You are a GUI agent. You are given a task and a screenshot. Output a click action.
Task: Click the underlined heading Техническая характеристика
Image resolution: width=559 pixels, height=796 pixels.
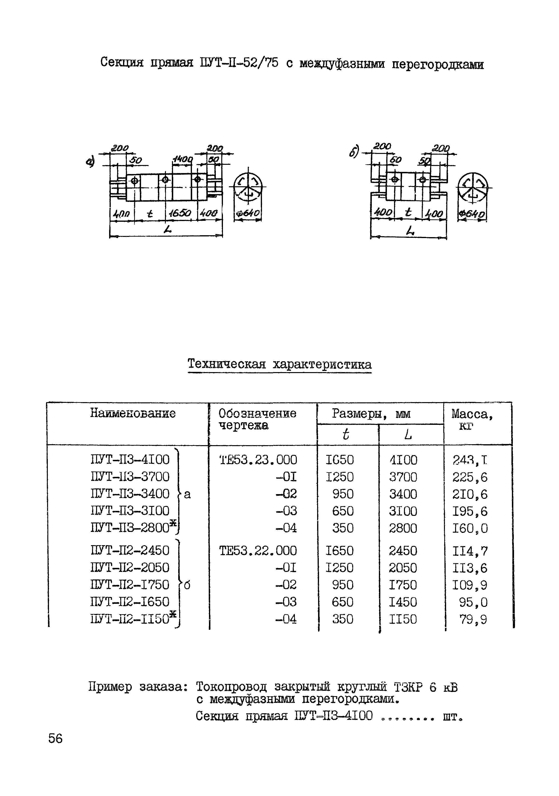coord(279,364)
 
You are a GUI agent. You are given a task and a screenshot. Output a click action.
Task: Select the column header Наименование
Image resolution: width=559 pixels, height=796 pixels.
coord(133,413)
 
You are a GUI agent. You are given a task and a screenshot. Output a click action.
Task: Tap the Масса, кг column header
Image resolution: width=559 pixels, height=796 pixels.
coord(472,419)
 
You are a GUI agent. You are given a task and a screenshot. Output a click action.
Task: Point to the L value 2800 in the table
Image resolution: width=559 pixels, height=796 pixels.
coord(403,528)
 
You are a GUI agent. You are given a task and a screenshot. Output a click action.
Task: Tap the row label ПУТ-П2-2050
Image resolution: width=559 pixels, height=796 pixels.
coord(130,568)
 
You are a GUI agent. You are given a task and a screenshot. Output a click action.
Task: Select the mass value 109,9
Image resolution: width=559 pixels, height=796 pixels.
coord(470,585)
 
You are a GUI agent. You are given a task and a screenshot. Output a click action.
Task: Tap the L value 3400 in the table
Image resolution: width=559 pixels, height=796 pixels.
coord(403,494)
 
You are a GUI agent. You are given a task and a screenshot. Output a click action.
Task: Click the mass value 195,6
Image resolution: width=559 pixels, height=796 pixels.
coord(470,511)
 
